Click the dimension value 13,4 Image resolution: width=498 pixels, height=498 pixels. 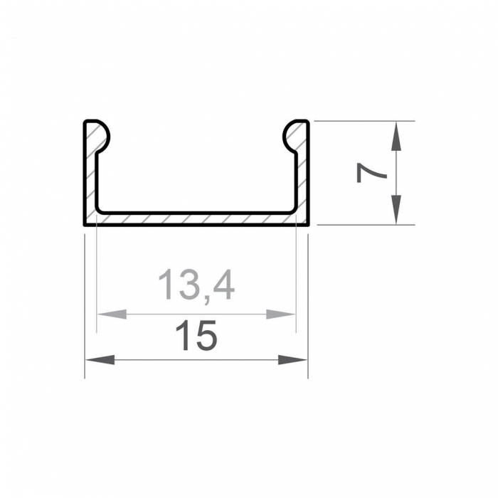pos(196,285)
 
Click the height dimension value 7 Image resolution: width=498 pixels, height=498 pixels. pos(371,173)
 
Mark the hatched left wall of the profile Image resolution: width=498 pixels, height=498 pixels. pos(90,178)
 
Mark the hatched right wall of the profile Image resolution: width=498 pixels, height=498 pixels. pos(302,178)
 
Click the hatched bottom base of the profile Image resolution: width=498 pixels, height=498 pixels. pos(196,218)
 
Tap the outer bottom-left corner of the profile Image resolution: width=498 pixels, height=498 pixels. pos(85,224)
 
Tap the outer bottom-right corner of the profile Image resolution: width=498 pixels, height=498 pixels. pos(308,224)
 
